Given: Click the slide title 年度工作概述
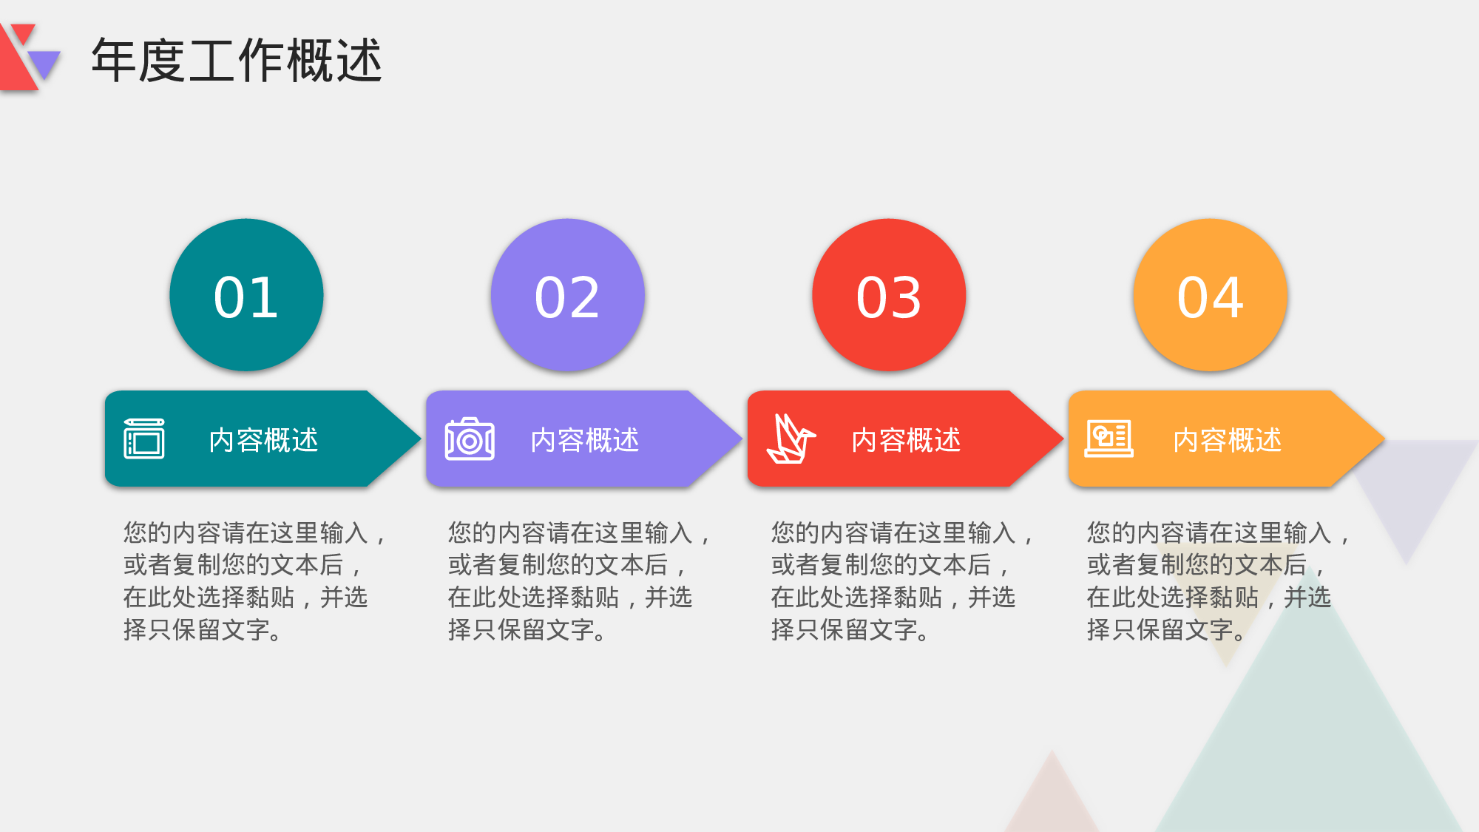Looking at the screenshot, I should click(237, 60).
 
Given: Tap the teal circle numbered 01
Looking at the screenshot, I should click(246, 295).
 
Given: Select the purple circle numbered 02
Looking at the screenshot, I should click(567, 295).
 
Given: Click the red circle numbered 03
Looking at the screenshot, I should click(889, 295).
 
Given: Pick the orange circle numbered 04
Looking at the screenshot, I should click(1210, 295).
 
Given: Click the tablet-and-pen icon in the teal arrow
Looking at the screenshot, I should click(144, 439).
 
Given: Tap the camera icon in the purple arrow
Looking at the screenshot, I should click(470, 439).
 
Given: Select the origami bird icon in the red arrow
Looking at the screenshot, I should click(791, 439).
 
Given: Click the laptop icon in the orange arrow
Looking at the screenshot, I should click(1109, 439).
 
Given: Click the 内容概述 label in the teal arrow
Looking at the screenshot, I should click(264, 440).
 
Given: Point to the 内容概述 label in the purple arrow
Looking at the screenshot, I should click(585, 440).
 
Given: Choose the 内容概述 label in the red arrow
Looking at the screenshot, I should click(906, 440).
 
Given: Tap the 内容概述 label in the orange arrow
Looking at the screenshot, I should click(1228, 440).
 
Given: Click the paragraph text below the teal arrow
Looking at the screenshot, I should click(251, 581).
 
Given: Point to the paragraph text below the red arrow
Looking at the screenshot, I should click(898, 581).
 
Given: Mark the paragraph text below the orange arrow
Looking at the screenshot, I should click(1214, 581).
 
